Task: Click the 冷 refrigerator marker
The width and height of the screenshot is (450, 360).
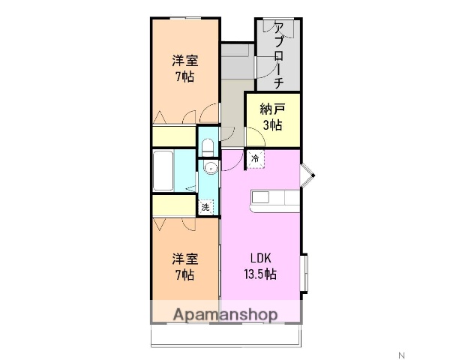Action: [x=256, y=159]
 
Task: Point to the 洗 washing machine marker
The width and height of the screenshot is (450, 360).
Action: [x=204, y=208]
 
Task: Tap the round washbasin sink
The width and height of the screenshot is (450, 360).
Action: [x=210, y=167]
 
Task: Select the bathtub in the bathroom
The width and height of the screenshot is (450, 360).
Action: [x=163, y=172]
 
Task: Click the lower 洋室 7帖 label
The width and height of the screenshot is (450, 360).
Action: [x=184, y=267]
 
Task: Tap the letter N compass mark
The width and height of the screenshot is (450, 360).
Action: [x=400, y=354]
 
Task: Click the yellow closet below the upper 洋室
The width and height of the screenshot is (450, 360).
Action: [x=173, y=136]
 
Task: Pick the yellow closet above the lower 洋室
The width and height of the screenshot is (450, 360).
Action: [x=173, y=206]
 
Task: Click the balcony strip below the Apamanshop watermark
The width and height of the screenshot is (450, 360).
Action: [x=225, y=335]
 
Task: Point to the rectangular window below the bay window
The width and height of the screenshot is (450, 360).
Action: [x=305, y=273]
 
